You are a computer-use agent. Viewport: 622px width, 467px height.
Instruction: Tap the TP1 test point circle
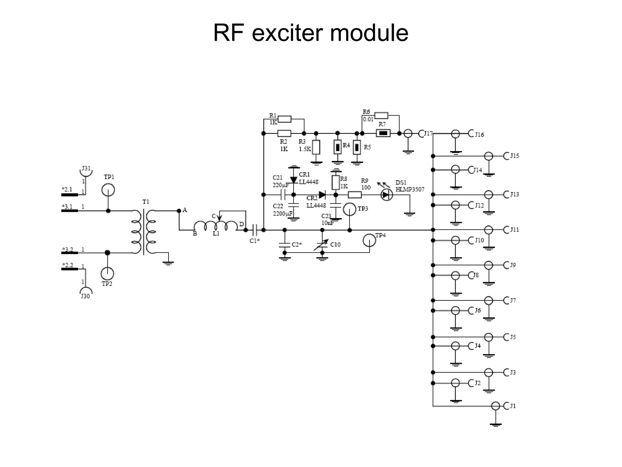pos(108,190)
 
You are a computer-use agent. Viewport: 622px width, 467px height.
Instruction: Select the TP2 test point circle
pos(107,274)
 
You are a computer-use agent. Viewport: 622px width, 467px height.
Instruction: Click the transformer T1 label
pos(146,202)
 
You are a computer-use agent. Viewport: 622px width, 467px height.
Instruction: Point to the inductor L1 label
pos(216,233)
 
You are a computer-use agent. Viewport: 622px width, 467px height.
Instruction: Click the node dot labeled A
pos(179,210)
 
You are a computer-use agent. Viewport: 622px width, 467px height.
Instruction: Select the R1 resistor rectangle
pos(285,119)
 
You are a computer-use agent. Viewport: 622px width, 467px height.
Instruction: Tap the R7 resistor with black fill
pos(383,133)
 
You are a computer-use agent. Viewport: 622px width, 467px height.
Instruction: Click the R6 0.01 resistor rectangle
pos(381,115)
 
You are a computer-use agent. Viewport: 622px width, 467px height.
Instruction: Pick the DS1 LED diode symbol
pos(386,195)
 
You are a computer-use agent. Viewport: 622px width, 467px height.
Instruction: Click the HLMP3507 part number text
pos(410,189)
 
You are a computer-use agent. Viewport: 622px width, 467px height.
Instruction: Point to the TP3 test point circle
pos(350,209)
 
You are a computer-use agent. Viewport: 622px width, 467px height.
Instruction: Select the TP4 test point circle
pos(369,240)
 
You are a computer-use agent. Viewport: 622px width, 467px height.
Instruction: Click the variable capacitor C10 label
pos(335,244)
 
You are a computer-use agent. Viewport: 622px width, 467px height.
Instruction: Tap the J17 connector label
pos(428,133)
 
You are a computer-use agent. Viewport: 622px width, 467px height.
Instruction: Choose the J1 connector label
pos(513,406)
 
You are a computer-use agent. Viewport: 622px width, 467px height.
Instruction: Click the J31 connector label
pos(86,168)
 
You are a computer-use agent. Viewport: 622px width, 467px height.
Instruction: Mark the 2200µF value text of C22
pos(282,213)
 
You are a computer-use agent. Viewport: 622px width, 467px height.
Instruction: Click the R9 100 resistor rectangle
pos(354,195)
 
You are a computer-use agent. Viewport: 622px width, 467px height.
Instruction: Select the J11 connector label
pos(514,230)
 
